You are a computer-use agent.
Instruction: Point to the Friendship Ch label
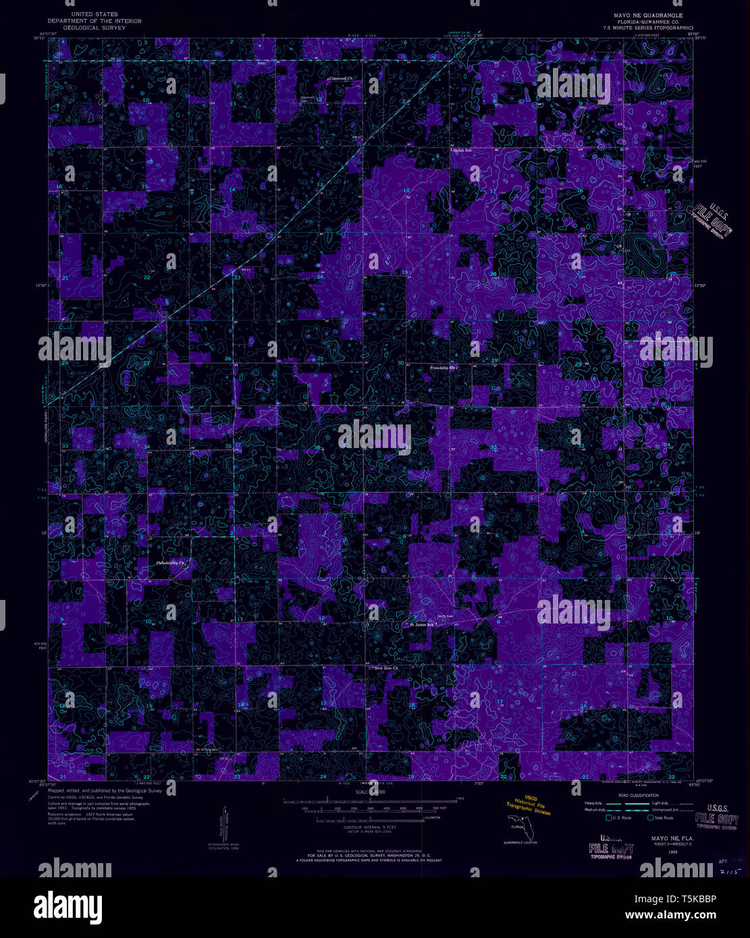444,368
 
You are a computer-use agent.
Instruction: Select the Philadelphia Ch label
170,562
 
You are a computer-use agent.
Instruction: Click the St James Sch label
423,624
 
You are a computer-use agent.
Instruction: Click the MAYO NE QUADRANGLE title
647,15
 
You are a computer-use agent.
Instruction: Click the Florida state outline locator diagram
518,825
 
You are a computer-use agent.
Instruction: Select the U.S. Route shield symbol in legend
609,818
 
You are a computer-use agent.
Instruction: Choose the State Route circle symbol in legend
650,818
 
